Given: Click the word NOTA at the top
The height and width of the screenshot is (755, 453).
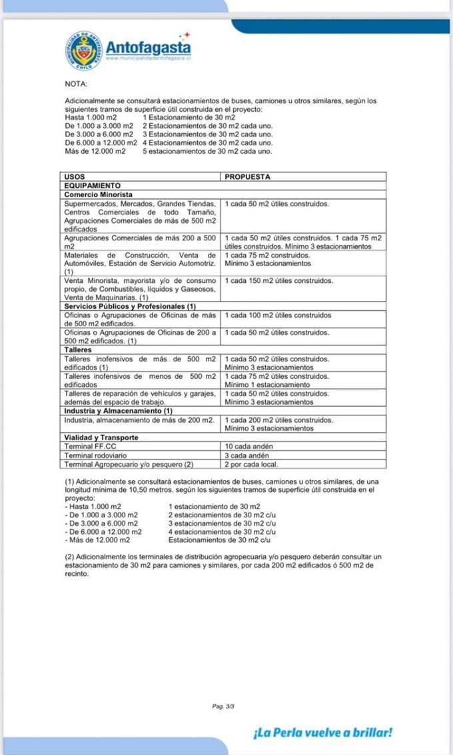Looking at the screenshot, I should pyautogui.click(x=76, y=84).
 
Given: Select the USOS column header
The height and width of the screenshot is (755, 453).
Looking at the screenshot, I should pyautogui.click(x=75, y=176).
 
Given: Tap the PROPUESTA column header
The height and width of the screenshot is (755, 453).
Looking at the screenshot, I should pyautogui.click(x=248, y=176).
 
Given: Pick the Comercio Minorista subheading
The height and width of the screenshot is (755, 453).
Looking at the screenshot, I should pyautogui.click(x=98, y=194).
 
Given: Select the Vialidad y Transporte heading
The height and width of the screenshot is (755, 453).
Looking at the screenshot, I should pyautogui.click(x=101, y=437).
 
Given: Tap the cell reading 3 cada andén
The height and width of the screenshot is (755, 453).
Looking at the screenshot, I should pyautogui.click(x=247, y=455).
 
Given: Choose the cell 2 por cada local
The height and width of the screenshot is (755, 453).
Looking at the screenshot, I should pyautogui.click(x=251, y=464).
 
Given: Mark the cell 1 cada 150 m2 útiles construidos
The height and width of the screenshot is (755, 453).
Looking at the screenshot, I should pyautogui.click(x=279, y=281).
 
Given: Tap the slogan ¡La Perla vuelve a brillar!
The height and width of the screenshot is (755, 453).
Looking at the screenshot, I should pyautogui.click(x=322, y=732).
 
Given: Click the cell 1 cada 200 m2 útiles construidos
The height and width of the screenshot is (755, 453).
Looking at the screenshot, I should pyautogui.click(x=279, y=420).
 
